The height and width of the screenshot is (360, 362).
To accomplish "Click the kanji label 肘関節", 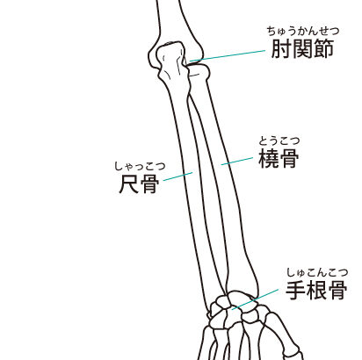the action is click(302, 48).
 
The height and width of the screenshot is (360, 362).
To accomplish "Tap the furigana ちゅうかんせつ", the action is click(303, 31).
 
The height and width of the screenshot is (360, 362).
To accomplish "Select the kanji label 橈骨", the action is click(279, 158).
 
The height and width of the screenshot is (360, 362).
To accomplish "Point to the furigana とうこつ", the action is click(279, 140).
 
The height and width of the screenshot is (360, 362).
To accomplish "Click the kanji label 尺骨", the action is click(139, 184).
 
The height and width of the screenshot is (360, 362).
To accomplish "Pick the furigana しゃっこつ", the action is click(140, 166).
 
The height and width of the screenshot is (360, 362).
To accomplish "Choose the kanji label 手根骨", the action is click(316, 290).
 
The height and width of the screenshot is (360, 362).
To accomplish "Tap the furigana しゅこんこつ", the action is click(317, 272).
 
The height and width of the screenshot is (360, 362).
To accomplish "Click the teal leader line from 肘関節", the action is click(228, 55).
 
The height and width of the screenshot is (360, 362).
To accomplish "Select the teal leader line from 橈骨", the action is click(237, 161).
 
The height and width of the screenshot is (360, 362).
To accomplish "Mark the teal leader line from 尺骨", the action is click(177, 176).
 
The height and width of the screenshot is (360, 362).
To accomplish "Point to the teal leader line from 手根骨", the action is click(255, 299).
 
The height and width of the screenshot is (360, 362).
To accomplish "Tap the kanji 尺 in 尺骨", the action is click(128, 184).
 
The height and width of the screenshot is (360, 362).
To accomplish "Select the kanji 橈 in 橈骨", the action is click(268, 158).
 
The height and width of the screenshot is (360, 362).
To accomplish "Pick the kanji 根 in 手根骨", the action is click(316, 290).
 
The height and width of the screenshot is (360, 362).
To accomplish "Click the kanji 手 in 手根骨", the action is click(296, 290).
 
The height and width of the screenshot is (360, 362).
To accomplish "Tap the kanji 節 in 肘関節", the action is click(323, 48).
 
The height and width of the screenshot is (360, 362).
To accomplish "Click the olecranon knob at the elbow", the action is click(170, 59).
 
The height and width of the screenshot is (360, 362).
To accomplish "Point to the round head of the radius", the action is click(199, 72).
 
